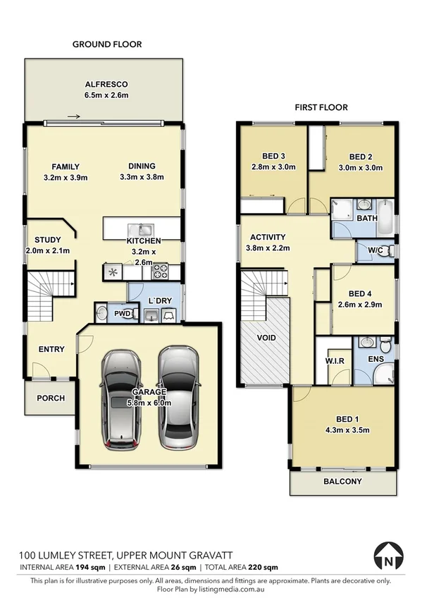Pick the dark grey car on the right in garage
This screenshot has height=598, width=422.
(x=176, y=398)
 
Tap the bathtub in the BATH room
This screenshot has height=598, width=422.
(x=386, y=211)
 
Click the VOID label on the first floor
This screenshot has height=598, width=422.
(x=266, y=338)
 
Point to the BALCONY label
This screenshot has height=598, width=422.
(x=342, y=482)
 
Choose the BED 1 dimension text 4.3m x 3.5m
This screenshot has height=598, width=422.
(x=343, y=430)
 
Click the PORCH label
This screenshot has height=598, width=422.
(x=51, y=398)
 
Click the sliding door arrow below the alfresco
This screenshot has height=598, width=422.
(x=73, y=118)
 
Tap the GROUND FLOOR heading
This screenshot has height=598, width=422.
(x=107, y=44)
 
